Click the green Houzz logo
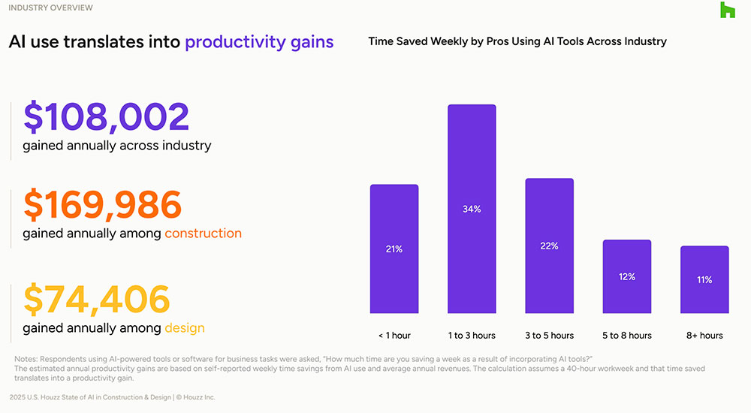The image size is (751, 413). click(727, 10)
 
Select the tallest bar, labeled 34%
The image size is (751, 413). click(472, 209)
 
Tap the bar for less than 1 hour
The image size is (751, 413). click(394, 249)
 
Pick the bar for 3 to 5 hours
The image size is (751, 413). click(549, 246)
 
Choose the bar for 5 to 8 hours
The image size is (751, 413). click(627, 276)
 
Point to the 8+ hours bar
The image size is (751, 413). click(704, 279)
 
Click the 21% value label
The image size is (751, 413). click(394, 249)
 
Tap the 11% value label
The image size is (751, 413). click(704, 280)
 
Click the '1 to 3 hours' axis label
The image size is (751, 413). click(472, 335)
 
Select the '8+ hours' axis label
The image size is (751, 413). click(704, 335)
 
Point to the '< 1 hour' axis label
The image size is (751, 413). click(394, 335)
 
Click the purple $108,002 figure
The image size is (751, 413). click(106, 118)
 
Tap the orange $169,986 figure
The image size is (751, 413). click(102, 206)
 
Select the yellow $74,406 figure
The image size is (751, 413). click(96, 300)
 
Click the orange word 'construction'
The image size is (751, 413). click(203, 233)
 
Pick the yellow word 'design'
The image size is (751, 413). click(184, 327)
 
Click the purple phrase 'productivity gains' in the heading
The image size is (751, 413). click(259, 42)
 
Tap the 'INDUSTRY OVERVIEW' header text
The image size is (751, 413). click(50, 8)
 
